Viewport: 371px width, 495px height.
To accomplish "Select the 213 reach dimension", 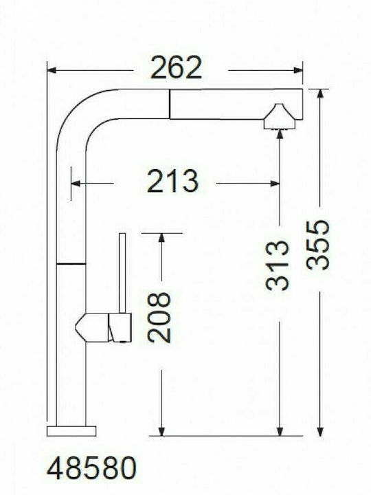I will click(172, 181).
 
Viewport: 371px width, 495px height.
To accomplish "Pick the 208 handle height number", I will click(159, 317).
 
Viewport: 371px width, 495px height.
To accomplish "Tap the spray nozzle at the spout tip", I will click(278, 117).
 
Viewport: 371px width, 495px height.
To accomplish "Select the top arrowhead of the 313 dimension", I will click(278, 134).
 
